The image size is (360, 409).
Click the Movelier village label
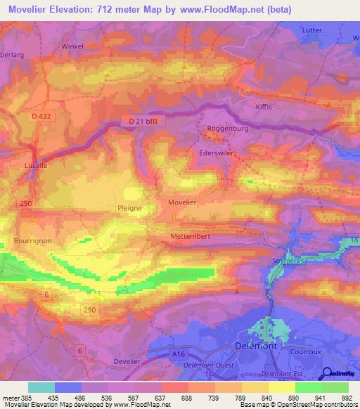click(x=182, y=202)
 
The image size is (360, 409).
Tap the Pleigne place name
click(x=129, y=208)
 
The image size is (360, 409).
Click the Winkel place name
click(x=72, y=47)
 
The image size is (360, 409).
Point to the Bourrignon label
click(x=32, y=240)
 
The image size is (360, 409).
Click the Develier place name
click(x=128, y=361)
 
